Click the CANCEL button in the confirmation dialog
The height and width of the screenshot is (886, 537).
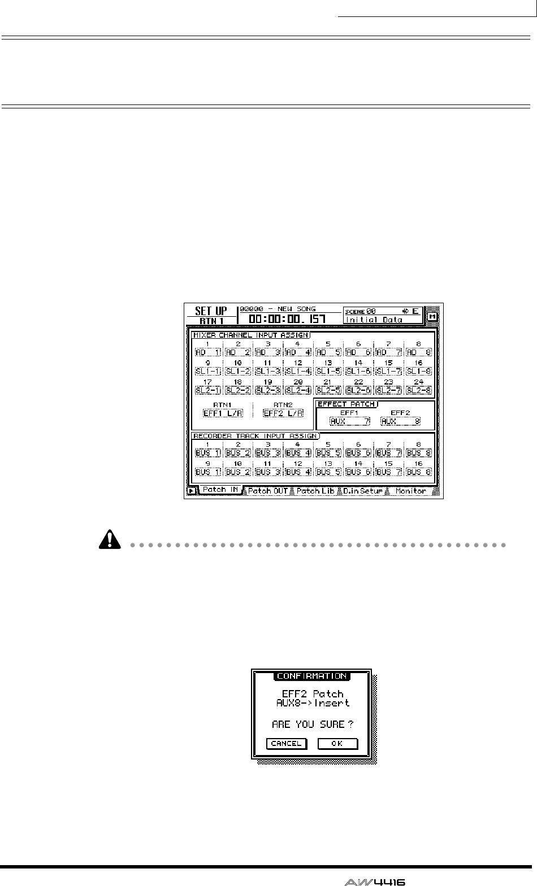pyautogui.click(x=286, y=743)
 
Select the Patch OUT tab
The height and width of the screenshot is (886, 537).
pyautogui.click(x=268, y=491)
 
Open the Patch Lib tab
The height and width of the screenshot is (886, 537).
pyautogui.click(x=315, y=491)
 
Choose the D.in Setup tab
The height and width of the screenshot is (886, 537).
pyautogui.click(x=362, y=491)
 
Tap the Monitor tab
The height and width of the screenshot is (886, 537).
pyautogui.click(x=410, y=491)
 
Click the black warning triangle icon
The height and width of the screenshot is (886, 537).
pyautogui.click(x=106, y=541)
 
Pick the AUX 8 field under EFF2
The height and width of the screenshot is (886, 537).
pyautogui.click(x=400, y=421)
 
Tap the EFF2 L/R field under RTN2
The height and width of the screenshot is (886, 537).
pyautogui.click(x=283, y=413)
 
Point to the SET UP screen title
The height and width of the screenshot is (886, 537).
pyautogui.click(x=211, y=311)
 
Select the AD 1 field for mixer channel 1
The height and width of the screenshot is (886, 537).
pyautogui.click(x=208, y=352)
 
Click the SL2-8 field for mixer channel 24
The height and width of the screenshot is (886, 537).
pyautogui.click(x=418, y=390)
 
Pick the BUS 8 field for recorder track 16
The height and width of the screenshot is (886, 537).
pyautogui.click(x=418, y=472)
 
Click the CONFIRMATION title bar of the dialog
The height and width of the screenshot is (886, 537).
pyautogui.click(x=311, y=675)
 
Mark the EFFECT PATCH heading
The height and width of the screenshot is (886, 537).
pyautogui.click(x=346, y=404)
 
